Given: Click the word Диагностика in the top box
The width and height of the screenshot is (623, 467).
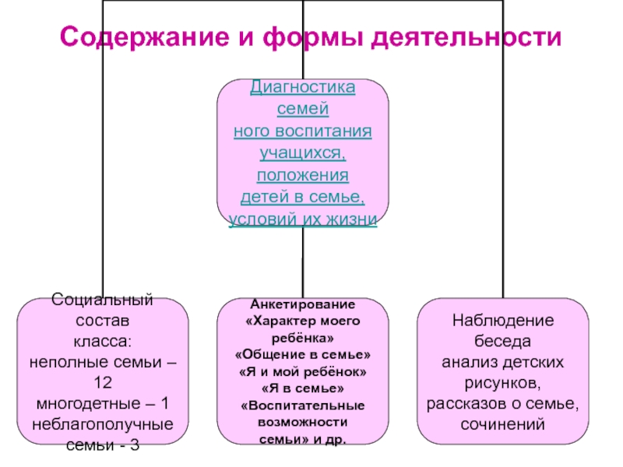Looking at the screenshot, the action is (303, 86).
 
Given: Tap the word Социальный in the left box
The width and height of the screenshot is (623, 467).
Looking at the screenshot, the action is (102, 300).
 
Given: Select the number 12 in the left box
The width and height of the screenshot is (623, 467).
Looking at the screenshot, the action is (102, 383).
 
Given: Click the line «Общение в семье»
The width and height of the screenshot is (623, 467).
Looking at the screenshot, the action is (303, 354).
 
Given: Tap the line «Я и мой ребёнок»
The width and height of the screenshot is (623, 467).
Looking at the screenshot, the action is (303, 371).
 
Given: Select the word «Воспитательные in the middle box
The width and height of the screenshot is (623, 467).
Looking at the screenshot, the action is (303, 406).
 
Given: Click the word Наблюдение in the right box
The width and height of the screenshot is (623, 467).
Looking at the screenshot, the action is (502, 321).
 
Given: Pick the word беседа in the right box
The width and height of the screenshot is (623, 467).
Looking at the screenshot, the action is (502, 342).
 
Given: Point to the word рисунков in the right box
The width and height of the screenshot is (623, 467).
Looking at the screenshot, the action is (502, 383).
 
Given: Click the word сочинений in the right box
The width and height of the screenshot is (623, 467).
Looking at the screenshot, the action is (502, 425).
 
